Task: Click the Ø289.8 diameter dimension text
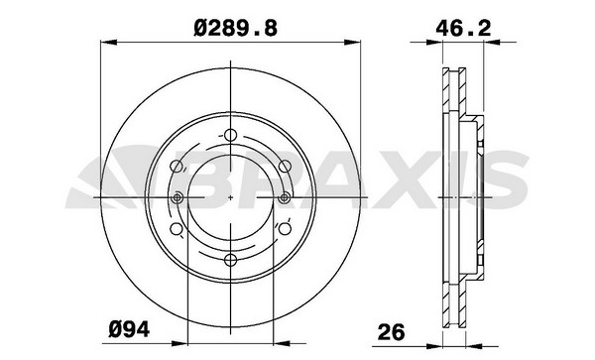click(x=235, y=29)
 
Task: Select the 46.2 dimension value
click(x=463, y=29)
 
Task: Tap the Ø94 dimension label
click(x=129, y=329)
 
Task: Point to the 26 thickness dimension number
click(x=392, y=332)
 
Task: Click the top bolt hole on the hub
click(x=230, y=135)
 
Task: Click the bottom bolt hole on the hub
click(x=230, y=260)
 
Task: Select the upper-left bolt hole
click(x=177, y=166)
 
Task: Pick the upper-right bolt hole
click(x=285, y=166)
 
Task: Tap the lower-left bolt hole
click(x=177, y=229)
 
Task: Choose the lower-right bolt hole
click(x=285, y=229)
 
